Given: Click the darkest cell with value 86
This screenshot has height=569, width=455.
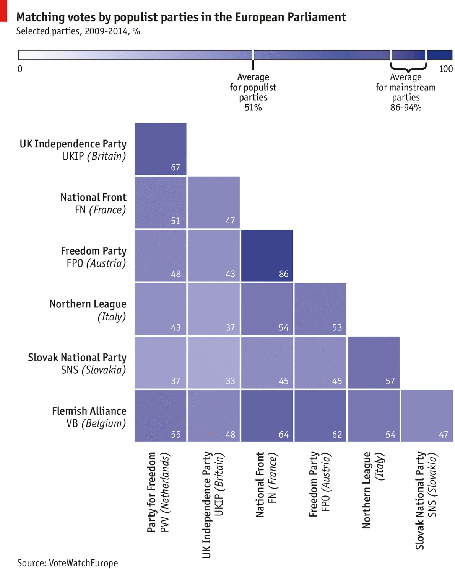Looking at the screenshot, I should (x=267, y=255).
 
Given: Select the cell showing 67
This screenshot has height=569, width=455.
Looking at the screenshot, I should (x=160, y=149).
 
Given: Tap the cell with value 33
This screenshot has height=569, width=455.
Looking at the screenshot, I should (x=214, y=362).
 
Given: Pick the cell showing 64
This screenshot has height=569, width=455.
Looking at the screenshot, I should (x=267, y=415).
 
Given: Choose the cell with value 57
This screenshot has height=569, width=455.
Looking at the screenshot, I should (x=374, y=362).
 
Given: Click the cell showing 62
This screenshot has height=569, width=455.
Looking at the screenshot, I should (x=320, y=415).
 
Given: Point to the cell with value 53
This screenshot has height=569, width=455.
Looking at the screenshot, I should (x=320, y=309).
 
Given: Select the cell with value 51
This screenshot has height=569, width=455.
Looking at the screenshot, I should (x=160, y=202).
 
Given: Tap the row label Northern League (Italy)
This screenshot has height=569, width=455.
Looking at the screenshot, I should (x=88, y=310).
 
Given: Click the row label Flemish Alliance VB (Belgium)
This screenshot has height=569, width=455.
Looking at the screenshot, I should (x=89, y=417).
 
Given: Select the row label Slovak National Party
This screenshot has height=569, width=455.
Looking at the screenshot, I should (x=77, y=363).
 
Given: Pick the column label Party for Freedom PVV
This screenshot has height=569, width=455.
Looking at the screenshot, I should (x=158, y=492).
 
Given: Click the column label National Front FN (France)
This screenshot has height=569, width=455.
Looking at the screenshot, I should (x=266, y=484).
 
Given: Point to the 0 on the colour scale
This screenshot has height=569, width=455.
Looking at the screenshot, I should (x=20, y=69).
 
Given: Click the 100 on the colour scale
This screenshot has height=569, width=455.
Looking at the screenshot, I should (x=445, y=69).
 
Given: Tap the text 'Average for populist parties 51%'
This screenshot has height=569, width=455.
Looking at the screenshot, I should (x=253, y=92).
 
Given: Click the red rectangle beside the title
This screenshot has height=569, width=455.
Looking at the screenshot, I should (x=3, y=11).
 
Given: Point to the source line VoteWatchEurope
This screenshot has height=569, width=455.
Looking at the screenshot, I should (x=68, y=563).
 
